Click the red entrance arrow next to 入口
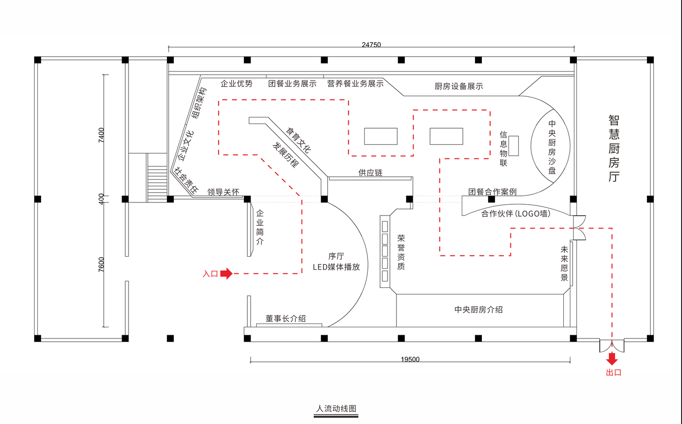pos(226,273)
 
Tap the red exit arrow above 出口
pos(612,359)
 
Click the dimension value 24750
pos(371,45)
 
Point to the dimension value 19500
pos(410,359)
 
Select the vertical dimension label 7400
pos(101,135)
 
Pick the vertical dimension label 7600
pos(101,264)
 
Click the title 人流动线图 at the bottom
pos(336,409)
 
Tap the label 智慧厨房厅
pos(614,148)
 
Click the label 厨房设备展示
pos(459,86)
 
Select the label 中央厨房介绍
pos(478,309)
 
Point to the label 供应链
pos(370,173)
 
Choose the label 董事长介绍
pos(286,318)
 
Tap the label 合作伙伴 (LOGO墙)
pos(516,214)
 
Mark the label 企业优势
pos(237,84)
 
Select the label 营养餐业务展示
pos(355,84)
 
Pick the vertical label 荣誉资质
pos(401,252)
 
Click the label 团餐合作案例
pos(492,192)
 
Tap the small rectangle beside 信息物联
pos(514,146)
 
